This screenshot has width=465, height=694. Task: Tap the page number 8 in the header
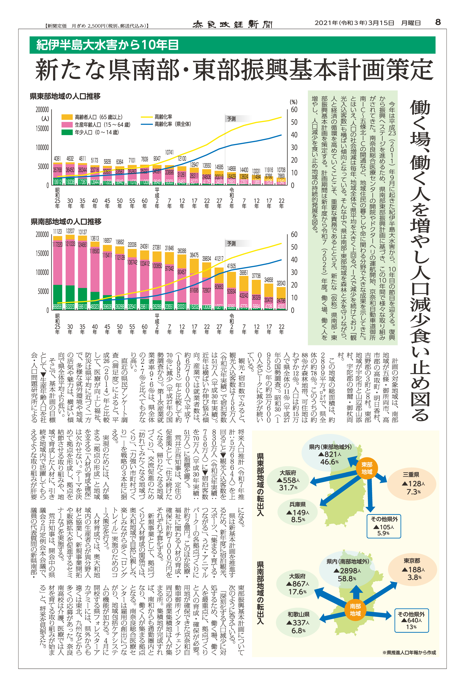438,22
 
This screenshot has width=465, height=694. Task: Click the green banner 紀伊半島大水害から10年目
107,45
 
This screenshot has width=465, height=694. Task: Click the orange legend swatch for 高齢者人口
67,117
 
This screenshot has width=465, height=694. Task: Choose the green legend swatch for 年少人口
67,132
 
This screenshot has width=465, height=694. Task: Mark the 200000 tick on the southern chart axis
42,235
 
